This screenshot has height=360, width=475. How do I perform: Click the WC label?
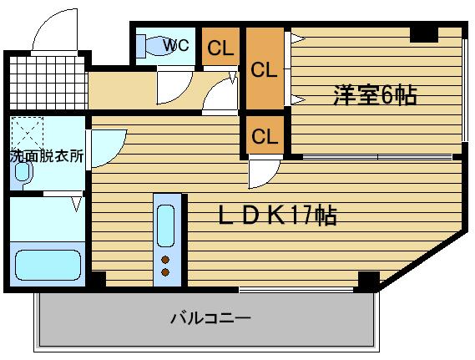coord(176,45)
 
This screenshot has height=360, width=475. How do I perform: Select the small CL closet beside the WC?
coord(220,47)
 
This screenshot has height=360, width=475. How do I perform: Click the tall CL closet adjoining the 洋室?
coord(265,68)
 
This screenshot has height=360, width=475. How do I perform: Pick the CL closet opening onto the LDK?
coord(265,135)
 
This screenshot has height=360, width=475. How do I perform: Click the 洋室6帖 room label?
coord(375,95)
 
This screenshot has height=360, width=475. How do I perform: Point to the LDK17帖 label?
coord(277,215)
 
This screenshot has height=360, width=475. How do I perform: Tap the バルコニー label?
coord(211,318)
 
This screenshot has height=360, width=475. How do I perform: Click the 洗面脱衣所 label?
coord(47,156)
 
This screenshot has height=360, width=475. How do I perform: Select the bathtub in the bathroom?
coord(48,265)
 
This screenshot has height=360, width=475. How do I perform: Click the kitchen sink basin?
coord(166,226)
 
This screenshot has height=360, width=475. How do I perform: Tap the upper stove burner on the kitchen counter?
coord(165,260)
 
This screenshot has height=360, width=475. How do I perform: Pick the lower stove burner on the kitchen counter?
coord(165,272)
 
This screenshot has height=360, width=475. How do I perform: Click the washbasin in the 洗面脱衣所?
coord(23,172)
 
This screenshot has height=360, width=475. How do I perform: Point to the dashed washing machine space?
coord(28,133)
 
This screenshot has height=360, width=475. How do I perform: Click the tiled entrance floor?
coord(48,83)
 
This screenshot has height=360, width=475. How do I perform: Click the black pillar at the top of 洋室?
coord(424,34)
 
